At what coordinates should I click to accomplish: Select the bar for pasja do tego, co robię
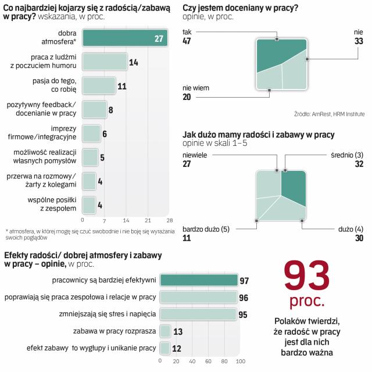click(x=99, y=85)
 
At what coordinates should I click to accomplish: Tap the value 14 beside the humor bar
click(x=133, y=62)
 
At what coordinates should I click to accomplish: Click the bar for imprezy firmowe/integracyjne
click(x=91, y=133)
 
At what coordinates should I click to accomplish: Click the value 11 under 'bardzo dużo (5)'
click(x=188, y=238)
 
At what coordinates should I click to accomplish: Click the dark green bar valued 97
click(x=199, y=280)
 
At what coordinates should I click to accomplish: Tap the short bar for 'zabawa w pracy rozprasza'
click(x=165, y=331)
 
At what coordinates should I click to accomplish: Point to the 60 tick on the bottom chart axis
click(x=208, y=361)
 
